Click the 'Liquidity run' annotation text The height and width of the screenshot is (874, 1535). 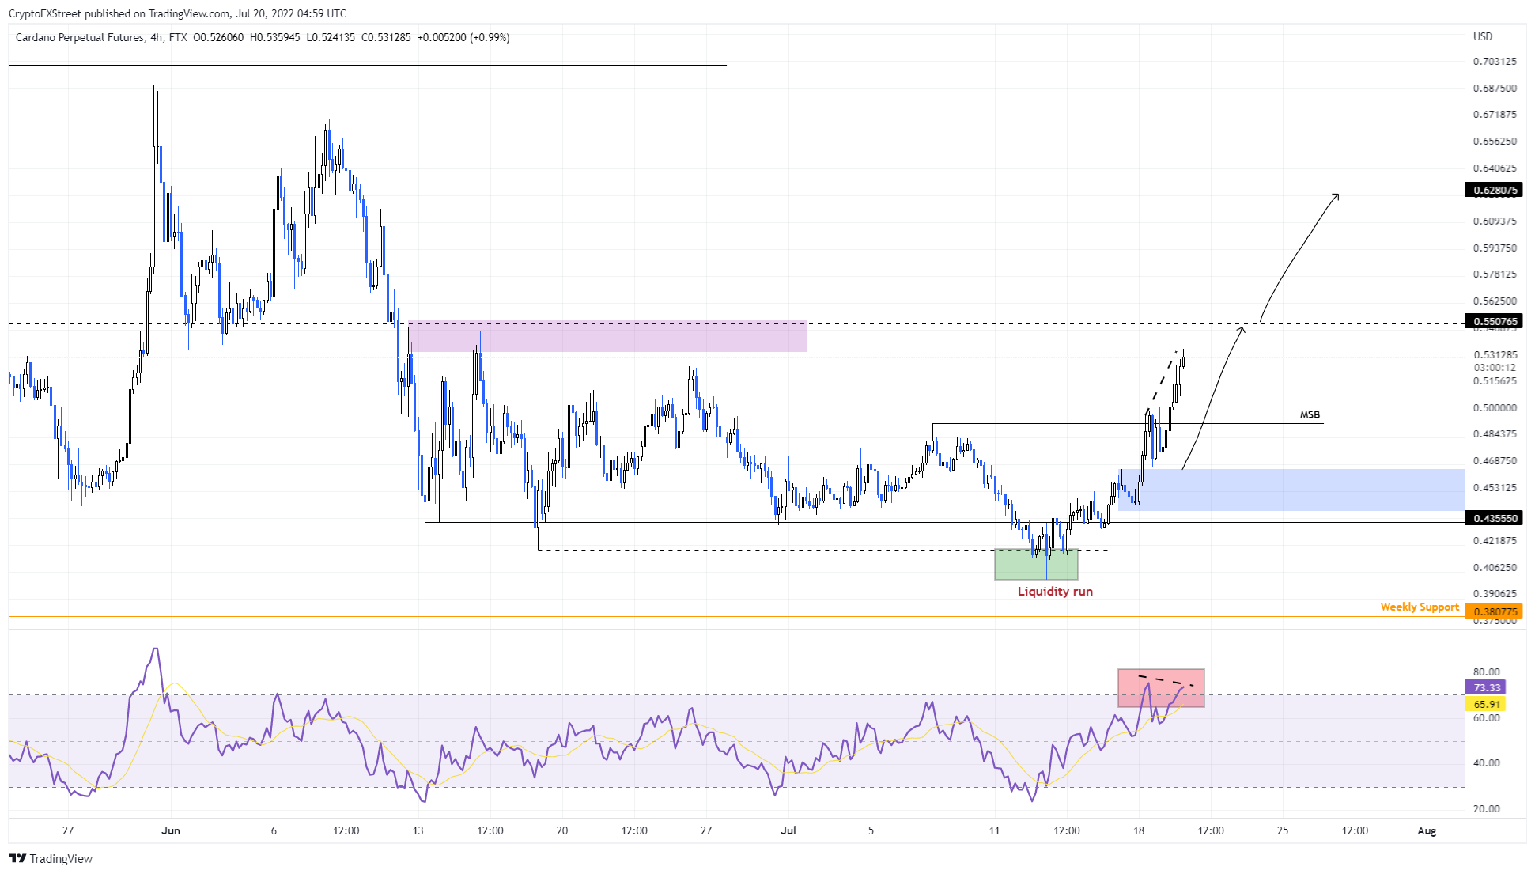click(1055, 592)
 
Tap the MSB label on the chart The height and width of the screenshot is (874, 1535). click(1310, 415)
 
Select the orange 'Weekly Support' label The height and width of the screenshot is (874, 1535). click(1420, 607)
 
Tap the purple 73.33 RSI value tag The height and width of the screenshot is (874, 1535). click(1486, 688)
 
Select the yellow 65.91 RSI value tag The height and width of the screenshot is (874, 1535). click(1486, 704)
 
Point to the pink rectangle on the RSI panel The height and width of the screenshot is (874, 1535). click(1161, 688)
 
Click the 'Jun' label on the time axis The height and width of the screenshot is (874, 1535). click(171, 830)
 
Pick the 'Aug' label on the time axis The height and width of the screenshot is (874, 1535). click(1427, 830)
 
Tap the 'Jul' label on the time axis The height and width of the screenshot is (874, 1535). click(788, 830)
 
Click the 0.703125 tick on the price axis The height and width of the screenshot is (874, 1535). click(1495, 62)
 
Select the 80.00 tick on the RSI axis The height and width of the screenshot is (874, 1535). click(1487, 672)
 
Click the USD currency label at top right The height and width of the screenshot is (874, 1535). click(1483, 36)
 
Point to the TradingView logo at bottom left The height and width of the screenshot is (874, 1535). click(51, 859)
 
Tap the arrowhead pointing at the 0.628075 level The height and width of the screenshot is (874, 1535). click(1337, 195)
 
